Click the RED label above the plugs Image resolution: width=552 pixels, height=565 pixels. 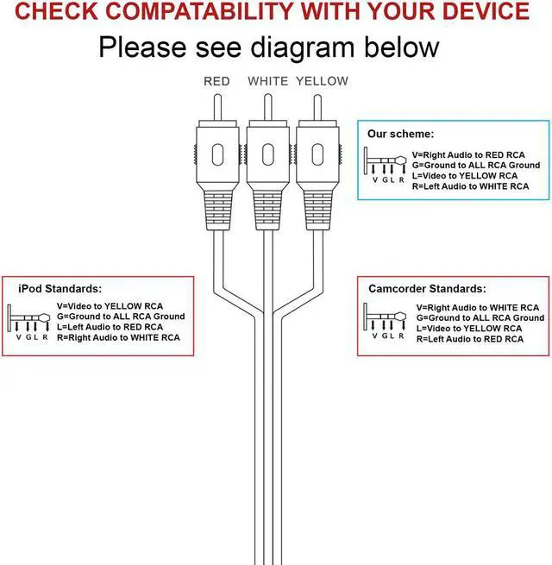pyautogui.click(x=216, y=82)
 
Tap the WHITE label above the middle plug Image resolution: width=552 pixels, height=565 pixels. pyautogui.click(x=268, y=82)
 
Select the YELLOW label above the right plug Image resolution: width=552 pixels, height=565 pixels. pyautogui.click(x=323, y=82)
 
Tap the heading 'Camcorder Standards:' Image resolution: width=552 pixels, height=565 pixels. pyautogui.click(x=427, y=289)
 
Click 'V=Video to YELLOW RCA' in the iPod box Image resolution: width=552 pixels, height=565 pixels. pyautogui.click(x=110, y=306)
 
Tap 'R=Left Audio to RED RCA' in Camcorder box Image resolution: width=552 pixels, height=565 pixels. pyautogui.click(x=469, y=339)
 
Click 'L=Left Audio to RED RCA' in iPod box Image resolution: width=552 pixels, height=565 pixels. pyautogui.click(x=110, y=327)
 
